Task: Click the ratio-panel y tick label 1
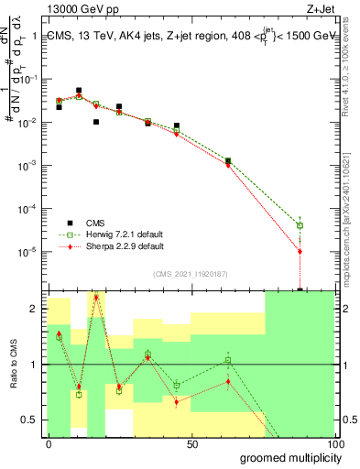pos(34,365)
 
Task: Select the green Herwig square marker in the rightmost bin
pos(300,225)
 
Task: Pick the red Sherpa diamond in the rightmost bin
pos(300,251)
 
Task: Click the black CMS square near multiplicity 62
pos(228,160)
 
